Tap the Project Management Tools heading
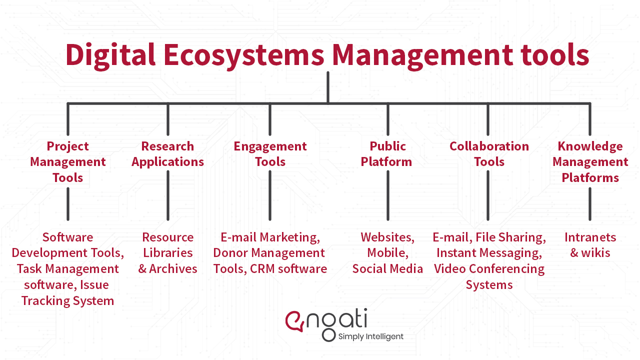pyautogui.click(x=68, y=161)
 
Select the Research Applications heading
pyautogui.click(x=168, y=154)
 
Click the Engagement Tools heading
pyautogui.click(x=270, y=154)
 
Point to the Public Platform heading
pyautogui.click(x=387, y=154)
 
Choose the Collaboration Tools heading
pyautogui.click(x=489, y=154)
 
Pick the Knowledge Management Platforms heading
pyautogui.click(x=590, y=161)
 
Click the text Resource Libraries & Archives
pyautogui.click(x=168, y=253)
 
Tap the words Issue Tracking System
pyautogui.click(x=67, y=293)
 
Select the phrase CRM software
pyautogui.click(x=288, y=269)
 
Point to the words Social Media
pyautogui.click(x=387, y=269)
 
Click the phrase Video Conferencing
pyautogui.click(x=489, y=269)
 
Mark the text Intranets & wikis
pyautogui.click(x=590, y=245)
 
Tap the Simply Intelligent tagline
pyautogui.click(x=370, y=336)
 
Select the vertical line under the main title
pyautogui.click(x=327, y=87)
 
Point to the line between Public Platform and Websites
pyautogui.click(x=388, y=195)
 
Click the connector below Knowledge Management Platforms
pyautogui.click(x=590, y=203)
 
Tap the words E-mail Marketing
pyautogui.click(x=270, y=237)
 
